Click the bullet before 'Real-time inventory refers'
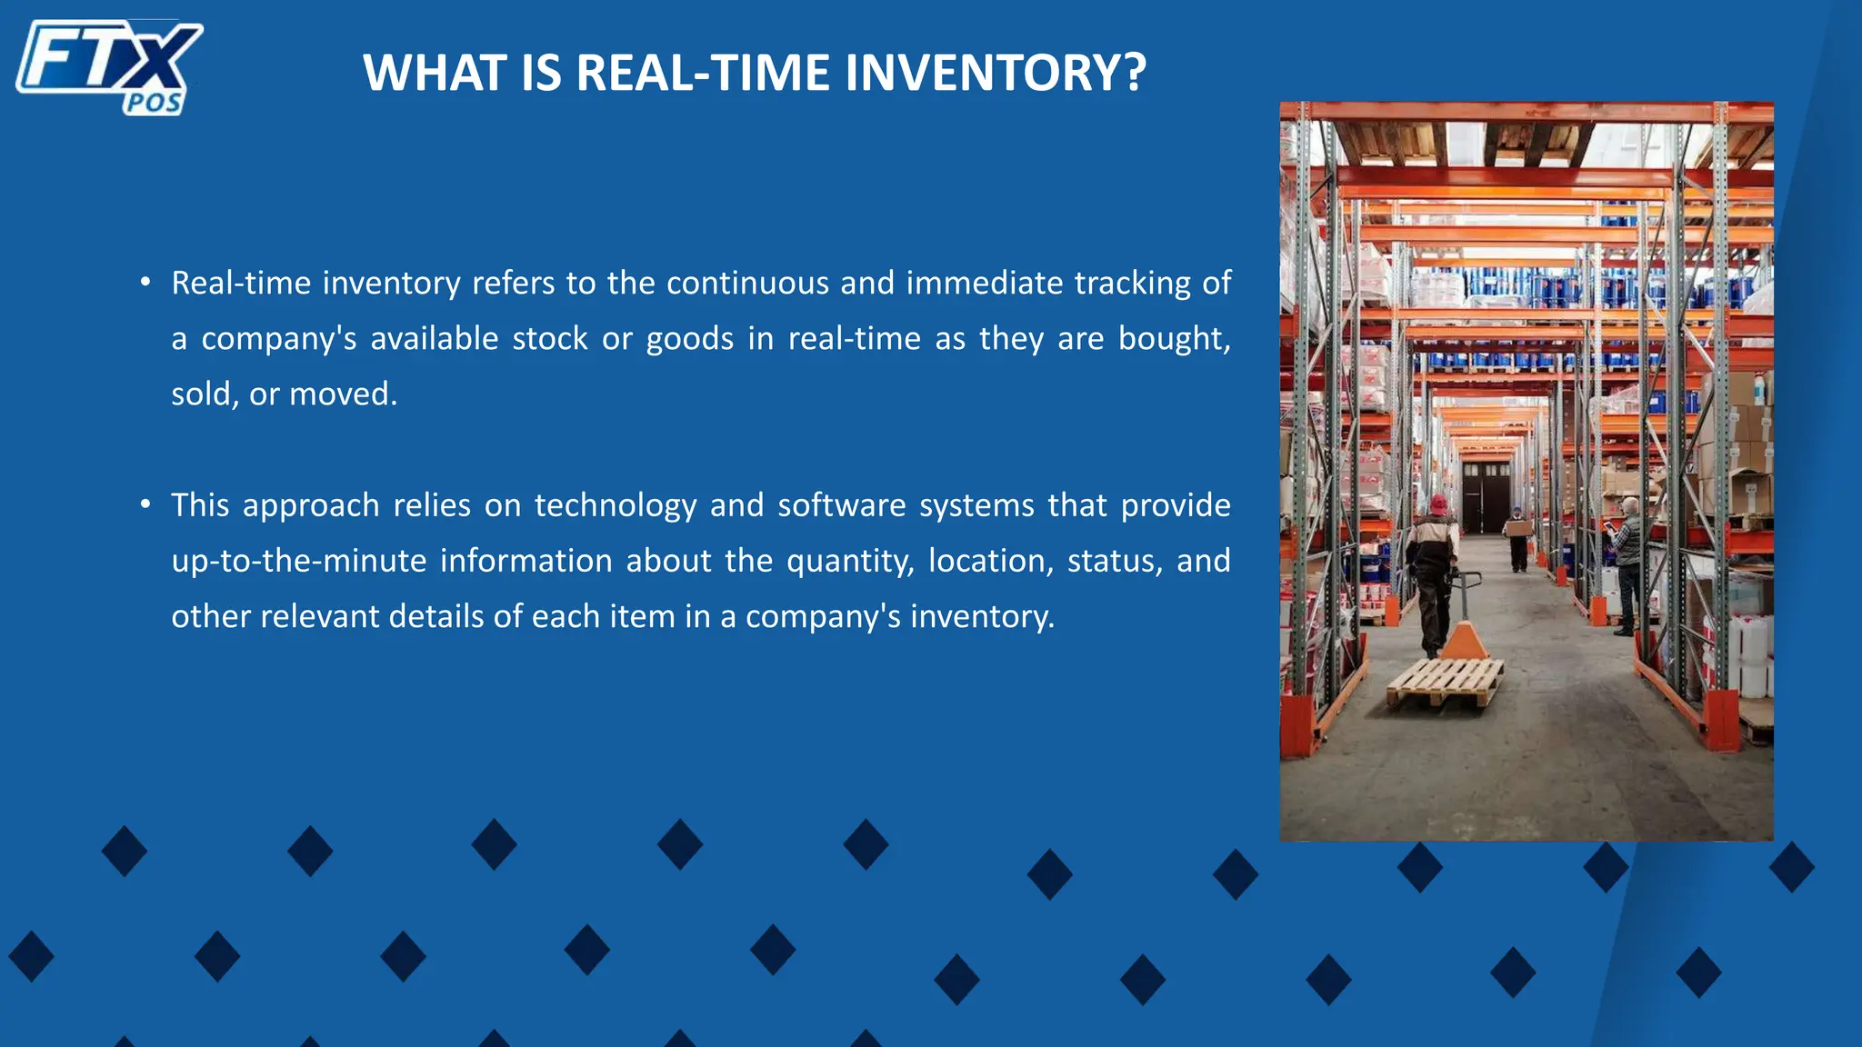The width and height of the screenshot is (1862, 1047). [145, 283]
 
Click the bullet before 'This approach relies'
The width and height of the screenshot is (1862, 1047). [145, 504]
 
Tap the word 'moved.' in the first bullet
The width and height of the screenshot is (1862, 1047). [343, 394]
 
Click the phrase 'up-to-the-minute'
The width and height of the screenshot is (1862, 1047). [299, 562]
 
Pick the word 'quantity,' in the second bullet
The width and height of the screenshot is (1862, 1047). [850, 562]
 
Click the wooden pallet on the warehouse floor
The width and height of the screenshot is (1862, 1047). [1446, 683]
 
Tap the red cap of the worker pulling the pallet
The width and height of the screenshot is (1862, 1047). [1438, 503]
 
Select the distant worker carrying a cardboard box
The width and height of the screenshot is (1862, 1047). [1517, 536]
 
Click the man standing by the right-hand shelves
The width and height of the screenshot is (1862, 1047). [1627, 563]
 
